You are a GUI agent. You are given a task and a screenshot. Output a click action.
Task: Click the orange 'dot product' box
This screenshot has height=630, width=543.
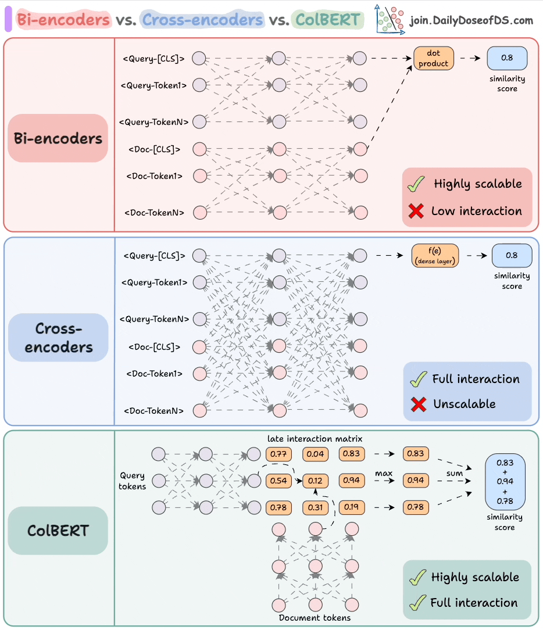(433, 58)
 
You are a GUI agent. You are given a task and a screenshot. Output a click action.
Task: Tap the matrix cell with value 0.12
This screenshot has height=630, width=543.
(315, 481)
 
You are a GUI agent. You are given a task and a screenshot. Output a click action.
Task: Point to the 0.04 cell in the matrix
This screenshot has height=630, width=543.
(315, 454)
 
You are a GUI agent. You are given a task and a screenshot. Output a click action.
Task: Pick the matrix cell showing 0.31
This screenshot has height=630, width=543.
(315, 507)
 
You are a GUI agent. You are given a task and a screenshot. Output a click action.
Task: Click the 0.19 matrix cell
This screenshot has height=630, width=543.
(351, 507)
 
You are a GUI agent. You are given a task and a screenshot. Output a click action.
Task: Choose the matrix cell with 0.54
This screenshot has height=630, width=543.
(278, 481)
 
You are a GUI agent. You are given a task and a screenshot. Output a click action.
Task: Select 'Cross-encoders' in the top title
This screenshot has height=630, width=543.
(202, 20)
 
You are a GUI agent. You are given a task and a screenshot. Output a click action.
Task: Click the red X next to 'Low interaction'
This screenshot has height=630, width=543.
(416, 212)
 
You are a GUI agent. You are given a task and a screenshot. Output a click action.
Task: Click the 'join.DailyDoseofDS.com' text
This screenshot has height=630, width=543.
(471, 21)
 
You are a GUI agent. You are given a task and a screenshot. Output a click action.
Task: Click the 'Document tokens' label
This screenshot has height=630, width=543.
(315, 617)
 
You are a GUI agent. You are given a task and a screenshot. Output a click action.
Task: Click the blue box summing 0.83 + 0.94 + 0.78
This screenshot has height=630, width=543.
(505, 481)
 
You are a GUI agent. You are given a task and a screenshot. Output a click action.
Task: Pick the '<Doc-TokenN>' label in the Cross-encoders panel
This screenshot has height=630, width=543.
(153, 410)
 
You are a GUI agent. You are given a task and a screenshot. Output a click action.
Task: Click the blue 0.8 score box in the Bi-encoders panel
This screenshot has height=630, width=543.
(508, 58)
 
